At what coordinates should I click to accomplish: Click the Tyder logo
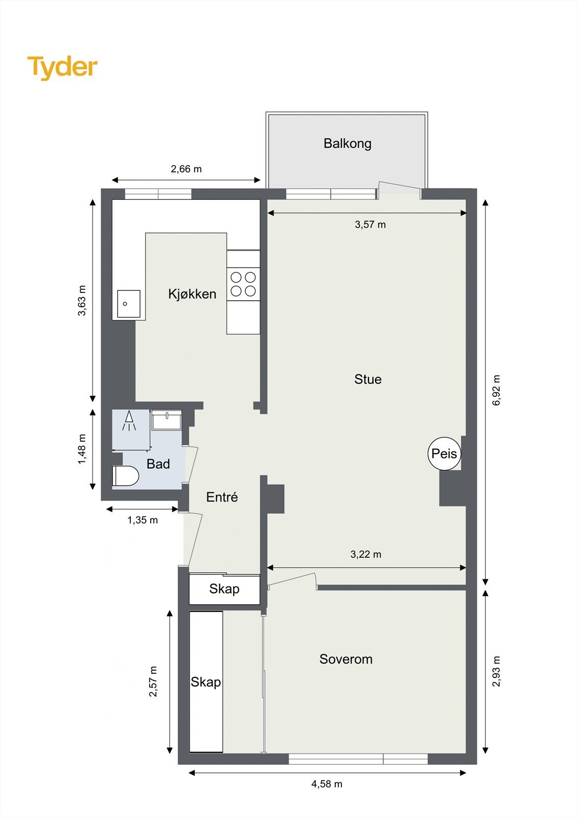(x=62, y=67)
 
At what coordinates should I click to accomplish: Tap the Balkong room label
(x=348, y=143)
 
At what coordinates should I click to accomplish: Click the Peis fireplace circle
(x=444, y=453)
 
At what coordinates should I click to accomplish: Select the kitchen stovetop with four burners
(x=243, y=284)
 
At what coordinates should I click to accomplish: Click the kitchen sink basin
(x=128, y=304)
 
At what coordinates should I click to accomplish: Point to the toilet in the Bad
(x=125, y=476)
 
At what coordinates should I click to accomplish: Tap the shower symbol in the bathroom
(x=129, y=420)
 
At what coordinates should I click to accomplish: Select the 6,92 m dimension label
(x=496, y=390)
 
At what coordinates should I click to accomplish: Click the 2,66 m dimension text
(x=186, y=169)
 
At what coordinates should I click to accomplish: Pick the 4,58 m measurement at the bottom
(x=327, y=784)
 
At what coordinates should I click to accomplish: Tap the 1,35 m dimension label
(x=143, y=520)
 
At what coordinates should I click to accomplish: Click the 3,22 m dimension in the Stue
(x=366, y=554)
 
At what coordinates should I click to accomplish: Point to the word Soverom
(x=346, y=659)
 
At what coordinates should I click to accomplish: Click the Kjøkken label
(x=192, y=294)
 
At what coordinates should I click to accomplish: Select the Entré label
(x=222, y=497)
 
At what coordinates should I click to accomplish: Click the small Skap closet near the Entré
(x=224, y=589)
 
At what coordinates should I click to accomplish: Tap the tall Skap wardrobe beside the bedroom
(x=206, y=682)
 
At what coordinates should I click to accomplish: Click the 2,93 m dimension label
(x=496, y=671)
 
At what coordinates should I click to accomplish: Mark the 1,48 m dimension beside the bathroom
(x=82, y=449)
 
